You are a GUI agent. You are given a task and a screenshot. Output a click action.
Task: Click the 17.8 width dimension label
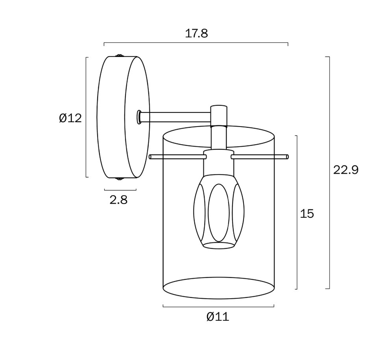tap(196, 33)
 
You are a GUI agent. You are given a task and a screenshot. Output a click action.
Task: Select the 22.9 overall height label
tap(345, 170)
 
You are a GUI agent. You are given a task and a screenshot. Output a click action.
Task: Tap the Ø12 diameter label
tap(70, 118)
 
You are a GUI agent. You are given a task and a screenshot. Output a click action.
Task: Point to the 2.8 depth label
tap(118, 200)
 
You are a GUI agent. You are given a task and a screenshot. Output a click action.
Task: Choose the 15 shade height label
tap(307, 213)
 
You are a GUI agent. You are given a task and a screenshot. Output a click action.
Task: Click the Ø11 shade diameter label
tap(218, 317)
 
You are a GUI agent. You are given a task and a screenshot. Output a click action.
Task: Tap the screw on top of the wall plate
tap(120, 55)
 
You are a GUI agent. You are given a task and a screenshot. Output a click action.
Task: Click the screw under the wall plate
tap(120, 179)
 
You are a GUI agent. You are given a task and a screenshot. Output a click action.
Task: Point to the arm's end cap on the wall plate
tap(139, 117)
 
